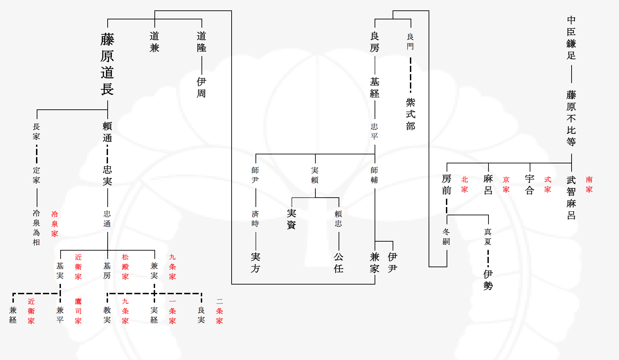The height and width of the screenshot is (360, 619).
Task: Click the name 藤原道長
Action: [x=107, y=64]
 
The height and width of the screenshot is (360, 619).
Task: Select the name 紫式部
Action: [x=411, y=114]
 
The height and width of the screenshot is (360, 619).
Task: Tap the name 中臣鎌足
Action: [x=571, y=37]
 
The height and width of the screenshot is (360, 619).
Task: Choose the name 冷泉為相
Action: [x=36, y=228]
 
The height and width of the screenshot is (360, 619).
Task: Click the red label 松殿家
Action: [x=125, y=267]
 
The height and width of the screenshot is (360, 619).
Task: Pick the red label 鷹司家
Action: [x=78, y=311]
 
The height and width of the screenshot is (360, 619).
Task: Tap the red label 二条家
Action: [x=219, y=311]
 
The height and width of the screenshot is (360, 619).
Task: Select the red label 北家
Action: [x=465, y=184]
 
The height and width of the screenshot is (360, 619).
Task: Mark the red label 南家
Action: [x=589, y=184]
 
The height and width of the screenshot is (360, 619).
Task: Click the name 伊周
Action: [x=201, y=88]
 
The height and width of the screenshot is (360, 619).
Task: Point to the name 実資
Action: [x=291, y=219]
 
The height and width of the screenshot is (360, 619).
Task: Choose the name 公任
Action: [x=339, y=263]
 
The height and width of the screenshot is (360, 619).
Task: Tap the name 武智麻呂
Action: [x=571, y=198]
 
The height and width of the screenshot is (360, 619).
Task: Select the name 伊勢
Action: [x=488, y=280]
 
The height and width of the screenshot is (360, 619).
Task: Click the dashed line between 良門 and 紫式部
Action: [x=411, y=75]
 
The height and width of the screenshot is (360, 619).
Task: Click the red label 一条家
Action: [x=172, y=311]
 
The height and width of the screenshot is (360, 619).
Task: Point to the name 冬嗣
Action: [x=447, y=237]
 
